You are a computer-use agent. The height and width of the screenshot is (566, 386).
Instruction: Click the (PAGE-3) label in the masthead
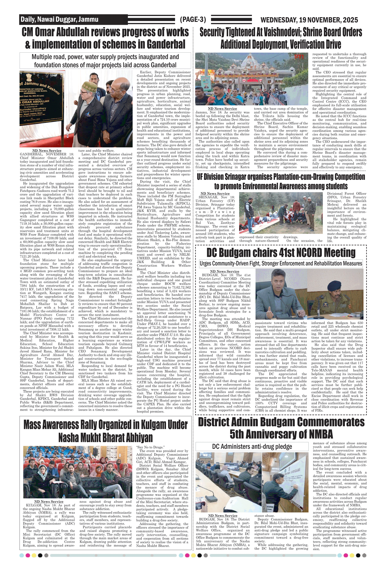pos(193,20)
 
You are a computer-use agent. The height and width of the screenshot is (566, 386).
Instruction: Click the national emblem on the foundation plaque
pos(29,77)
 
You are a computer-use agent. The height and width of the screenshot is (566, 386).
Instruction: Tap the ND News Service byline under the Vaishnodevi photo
pos(222,109)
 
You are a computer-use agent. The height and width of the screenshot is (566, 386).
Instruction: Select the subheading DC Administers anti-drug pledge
pos(252,446)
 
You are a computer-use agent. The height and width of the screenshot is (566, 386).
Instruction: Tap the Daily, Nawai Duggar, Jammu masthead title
pos(59,20)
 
